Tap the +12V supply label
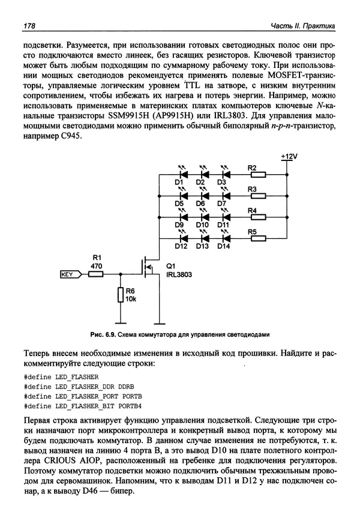point(288,157)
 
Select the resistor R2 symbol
point(258,175)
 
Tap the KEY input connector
point(71,274)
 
